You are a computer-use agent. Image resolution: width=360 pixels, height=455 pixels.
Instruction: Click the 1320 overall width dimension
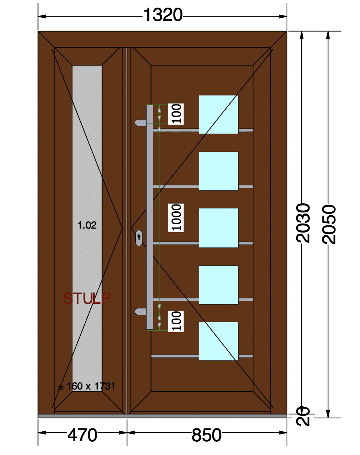pos(163,15)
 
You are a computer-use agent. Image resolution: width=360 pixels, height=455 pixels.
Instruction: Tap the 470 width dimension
pos(82,435)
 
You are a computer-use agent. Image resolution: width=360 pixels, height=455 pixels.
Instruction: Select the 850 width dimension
pos(206,435)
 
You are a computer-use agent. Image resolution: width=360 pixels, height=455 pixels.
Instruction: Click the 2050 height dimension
pos(329,224)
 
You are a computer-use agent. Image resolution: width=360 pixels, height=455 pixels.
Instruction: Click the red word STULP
pos(87,298)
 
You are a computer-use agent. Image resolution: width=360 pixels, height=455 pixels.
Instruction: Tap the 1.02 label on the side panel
pos(87,225)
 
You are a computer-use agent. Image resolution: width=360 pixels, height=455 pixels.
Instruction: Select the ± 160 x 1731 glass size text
pos(86,386)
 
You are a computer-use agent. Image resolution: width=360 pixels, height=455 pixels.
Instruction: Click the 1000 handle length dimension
pos(176,217)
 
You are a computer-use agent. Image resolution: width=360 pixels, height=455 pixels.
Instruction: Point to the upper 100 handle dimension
pos(176,114)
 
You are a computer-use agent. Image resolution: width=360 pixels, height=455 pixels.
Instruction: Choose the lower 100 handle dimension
pos(176,321)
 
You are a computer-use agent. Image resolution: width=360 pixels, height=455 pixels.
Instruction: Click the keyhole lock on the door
pos(139,238)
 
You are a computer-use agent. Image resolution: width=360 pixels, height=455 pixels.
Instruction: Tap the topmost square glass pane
pos(219,114)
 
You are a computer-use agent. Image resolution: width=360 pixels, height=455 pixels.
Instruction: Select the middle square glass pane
pos(219,228)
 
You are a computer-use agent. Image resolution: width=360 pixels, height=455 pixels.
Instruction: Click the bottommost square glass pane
pos(219,341)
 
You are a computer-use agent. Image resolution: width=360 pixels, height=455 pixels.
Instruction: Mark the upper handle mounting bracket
pos(141,123)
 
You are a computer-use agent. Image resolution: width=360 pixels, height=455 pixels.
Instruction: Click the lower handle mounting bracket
pos(141,312)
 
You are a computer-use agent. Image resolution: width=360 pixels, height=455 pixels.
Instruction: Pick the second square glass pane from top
pos(219,171)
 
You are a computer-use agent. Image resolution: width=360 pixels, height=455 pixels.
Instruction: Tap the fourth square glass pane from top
pos(219,285)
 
